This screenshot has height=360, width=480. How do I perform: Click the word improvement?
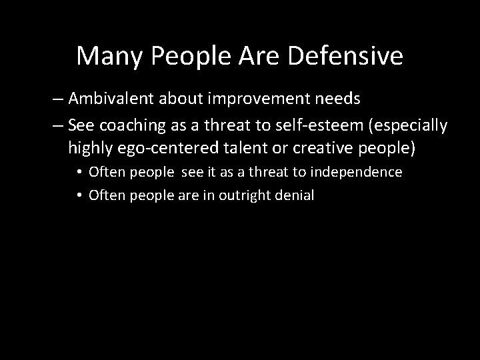[x=255, y=99]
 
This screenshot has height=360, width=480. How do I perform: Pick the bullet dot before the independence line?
[x=79, y=173]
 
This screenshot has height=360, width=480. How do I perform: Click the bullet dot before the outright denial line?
[x=79, y=196]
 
